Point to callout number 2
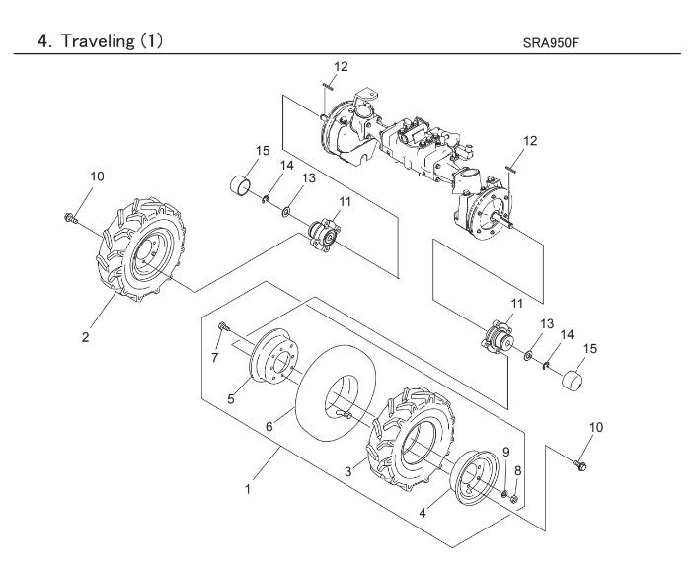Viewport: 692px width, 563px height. [x=86, y=334]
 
